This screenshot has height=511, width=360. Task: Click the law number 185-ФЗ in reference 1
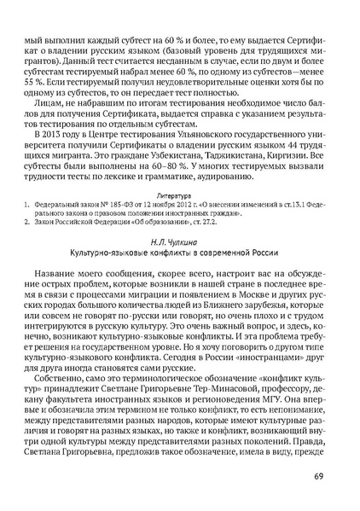[x=112, y=205]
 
